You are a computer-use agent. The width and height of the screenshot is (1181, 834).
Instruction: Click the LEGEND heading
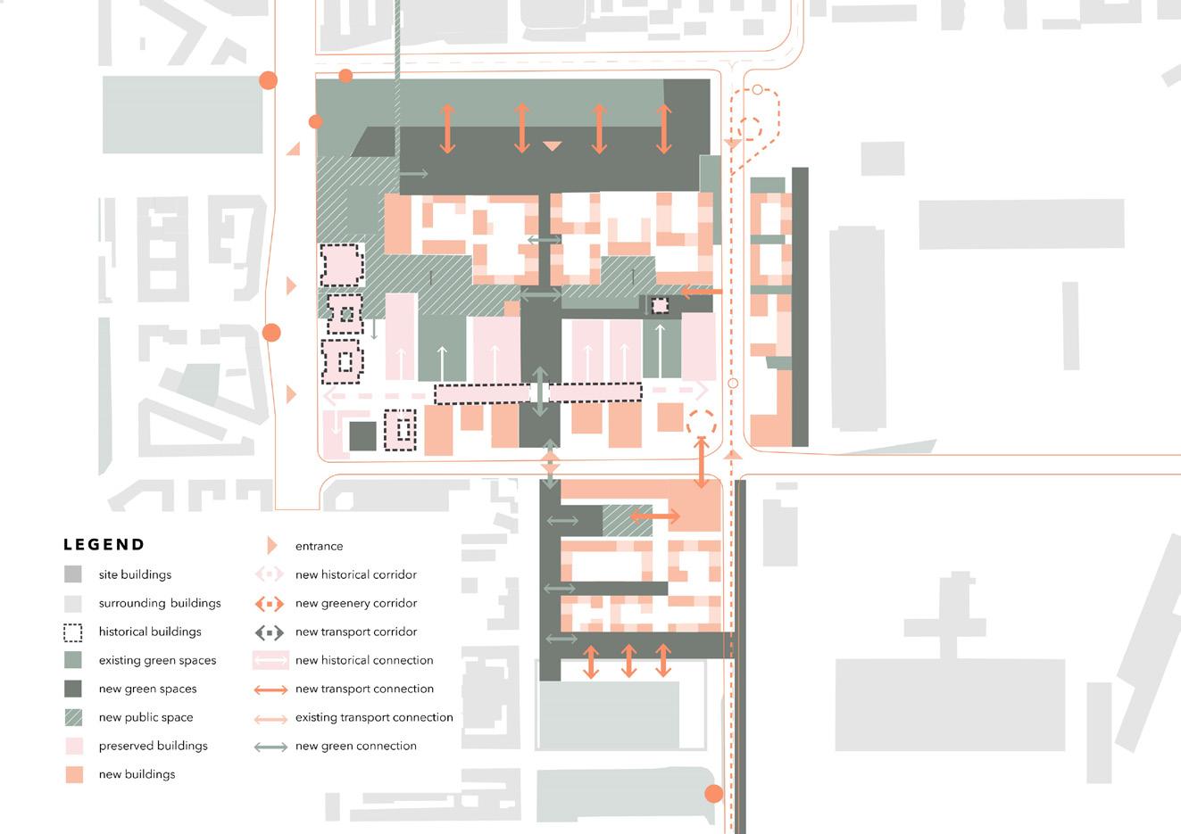tap(104, 545)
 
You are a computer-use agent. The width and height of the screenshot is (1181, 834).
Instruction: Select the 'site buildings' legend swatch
tap(73, 574)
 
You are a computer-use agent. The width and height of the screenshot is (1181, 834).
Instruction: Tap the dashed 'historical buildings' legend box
tap(73, 632)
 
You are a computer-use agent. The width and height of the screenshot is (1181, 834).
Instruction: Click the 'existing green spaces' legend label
tap(157, 660)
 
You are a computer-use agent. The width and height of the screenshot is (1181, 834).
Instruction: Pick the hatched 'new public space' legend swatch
tap(73, 717)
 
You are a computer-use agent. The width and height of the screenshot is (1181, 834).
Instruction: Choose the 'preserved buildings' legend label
tap(153, 746)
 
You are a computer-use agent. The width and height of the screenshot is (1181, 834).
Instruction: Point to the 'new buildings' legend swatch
tap(73, 774)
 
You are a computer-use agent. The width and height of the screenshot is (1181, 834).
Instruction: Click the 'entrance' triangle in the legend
tap(272, 546)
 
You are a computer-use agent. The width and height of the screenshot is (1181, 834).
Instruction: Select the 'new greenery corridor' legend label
tap(356, 603)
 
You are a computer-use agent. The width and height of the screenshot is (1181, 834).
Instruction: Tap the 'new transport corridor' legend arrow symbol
tap(270, 632)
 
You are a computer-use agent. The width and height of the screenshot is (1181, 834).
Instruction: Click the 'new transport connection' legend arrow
tap(270, 689)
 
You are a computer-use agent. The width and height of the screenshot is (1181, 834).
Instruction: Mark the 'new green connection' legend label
tap(355, 746)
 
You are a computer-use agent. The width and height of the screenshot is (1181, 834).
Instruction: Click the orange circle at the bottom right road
tap(713, 793)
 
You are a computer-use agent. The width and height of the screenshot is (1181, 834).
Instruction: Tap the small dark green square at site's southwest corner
tap(362, 436)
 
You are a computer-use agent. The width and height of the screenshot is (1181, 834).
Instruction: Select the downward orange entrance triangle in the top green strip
tap(553, 145)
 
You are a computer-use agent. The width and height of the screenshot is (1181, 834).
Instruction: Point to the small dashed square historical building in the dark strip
tap(659, 305)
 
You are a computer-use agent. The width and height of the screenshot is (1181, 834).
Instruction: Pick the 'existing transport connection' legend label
tap(374, 717)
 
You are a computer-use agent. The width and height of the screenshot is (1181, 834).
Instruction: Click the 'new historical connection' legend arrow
tap(270, 660)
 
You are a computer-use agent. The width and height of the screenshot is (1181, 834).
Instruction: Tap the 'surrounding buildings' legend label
tap(160, 603)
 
